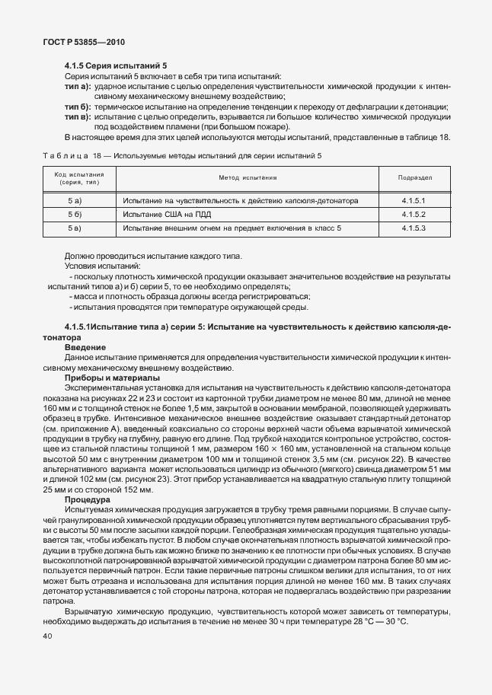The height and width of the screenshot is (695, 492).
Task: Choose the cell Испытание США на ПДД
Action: (x=165, y=214)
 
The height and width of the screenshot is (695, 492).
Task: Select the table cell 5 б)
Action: (x=74, y=214)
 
